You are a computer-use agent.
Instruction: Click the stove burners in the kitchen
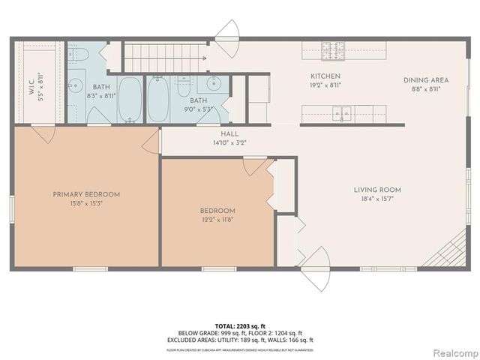(x=331, y=51)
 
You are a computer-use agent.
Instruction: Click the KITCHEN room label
(x=326, y=76)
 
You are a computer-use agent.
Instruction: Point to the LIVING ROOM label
(x=377, y=190)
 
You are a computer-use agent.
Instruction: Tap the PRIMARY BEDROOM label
(x=86, y=194)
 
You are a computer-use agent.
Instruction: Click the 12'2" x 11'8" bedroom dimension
(x=217, y=220)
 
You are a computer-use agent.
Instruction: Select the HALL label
(x=219, y=132)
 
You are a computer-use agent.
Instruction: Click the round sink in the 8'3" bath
(x=76, y=85)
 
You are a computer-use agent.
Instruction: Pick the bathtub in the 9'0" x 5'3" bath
(x=158, y=98)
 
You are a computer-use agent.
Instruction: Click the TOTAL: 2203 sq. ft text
(x=240, y=325)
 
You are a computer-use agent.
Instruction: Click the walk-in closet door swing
(x=43, y=134)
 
